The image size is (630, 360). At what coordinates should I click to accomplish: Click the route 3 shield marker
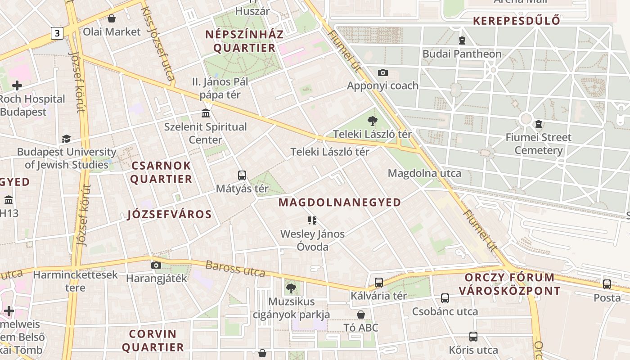57,33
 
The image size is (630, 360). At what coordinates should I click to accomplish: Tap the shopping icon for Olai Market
112,18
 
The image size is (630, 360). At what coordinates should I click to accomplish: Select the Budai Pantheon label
462,54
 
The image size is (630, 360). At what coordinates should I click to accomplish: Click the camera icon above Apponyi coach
383,72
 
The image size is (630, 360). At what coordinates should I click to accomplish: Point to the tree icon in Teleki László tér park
372,121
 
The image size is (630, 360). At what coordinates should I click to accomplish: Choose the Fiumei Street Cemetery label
538,144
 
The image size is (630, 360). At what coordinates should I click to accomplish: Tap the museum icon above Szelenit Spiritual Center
206,112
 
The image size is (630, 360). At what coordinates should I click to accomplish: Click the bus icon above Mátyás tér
242,175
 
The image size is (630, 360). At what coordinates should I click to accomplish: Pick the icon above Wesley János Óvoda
312,220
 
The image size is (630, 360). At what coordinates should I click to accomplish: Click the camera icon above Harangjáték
156,265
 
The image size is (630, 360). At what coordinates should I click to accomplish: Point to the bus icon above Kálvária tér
379,283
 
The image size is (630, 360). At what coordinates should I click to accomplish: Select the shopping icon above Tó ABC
361,314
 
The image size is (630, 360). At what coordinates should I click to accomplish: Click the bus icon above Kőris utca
473,336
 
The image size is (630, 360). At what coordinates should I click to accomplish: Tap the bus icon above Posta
607,284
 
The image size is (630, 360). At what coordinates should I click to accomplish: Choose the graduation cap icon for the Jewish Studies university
66,139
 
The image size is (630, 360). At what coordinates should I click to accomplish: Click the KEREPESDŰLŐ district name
517,21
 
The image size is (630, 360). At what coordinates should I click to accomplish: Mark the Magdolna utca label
424,173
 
